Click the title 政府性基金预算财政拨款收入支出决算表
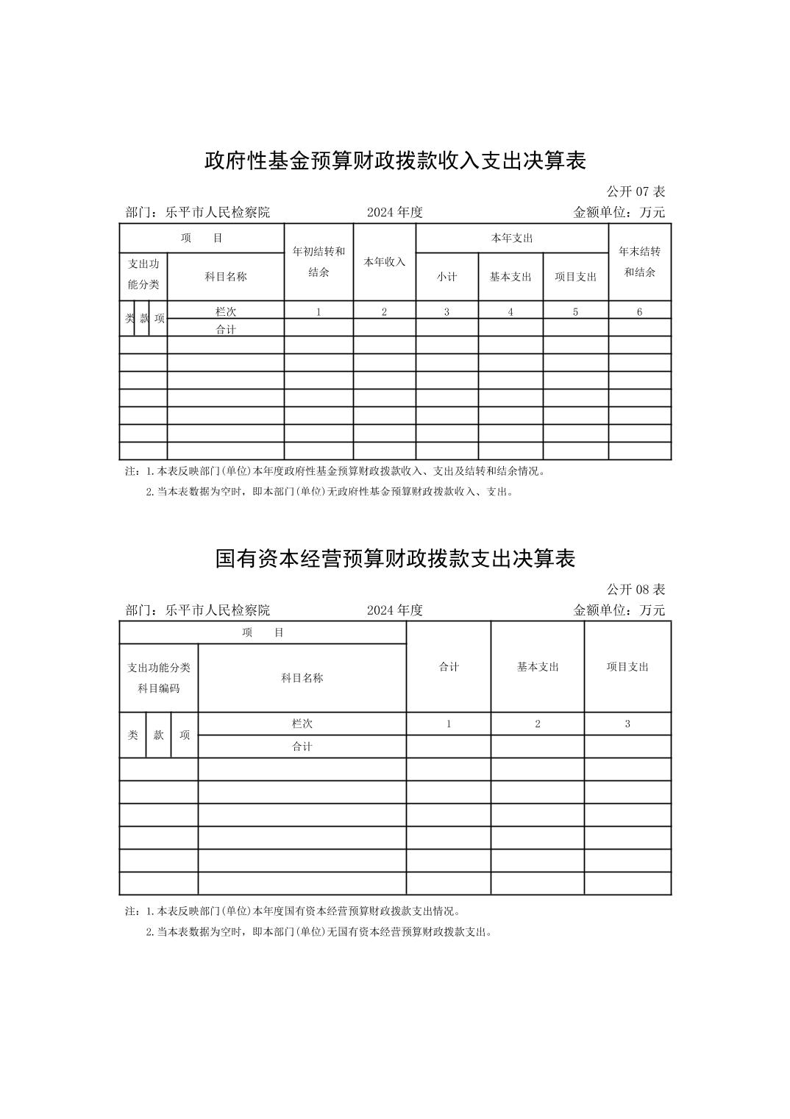(x=395, y=160)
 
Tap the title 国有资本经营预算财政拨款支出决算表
(x=395, y=559)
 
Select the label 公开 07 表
(x=636, y=191)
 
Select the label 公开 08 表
(x=636, y=590)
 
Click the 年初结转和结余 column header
(x=319, y=261)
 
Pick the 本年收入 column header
(x=384, y=261)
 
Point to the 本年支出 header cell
(x=512, y=238)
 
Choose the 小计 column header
(x=446, y=277)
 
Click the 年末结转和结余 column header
(x=639, y=261)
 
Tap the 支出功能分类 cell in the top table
(x=143, y=274)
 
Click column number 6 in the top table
(x=639, y=312)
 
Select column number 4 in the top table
(x=510, y=312)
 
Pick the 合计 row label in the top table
(x=226, y=329)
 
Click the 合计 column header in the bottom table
(x=449, y=666)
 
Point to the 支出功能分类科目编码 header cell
(x=159, y=677)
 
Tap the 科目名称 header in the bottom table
(x=302, y=678)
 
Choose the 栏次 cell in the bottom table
(x=302, y=724)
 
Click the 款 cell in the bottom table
(x=158, y=735)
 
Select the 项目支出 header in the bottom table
(x=627, y=666)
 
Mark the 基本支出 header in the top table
(x=510, y=277)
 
